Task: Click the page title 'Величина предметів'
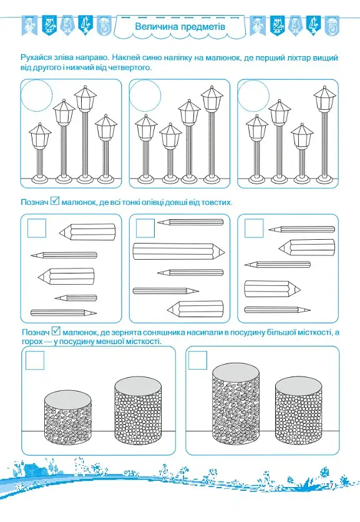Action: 180,26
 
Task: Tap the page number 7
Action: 331,485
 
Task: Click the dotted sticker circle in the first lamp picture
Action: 37,96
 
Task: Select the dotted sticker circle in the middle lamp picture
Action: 145,96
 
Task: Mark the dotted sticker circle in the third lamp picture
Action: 253,96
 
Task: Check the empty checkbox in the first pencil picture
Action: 37,228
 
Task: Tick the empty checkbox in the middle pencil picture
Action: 145,228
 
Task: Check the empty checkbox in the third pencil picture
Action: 254,228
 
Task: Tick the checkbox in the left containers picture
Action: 35,360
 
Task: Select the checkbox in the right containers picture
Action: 198,360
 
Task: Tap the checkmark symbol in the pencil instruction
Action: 55,201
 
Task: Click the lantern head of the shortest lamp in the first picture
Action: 40,135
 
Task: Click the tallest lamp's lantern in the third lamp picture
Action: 324,98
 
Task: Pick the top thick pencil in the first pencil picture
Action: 87,232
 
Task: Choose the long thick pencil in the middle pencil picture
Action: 178,252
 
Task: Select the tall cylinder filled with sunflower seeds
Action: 236,404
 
